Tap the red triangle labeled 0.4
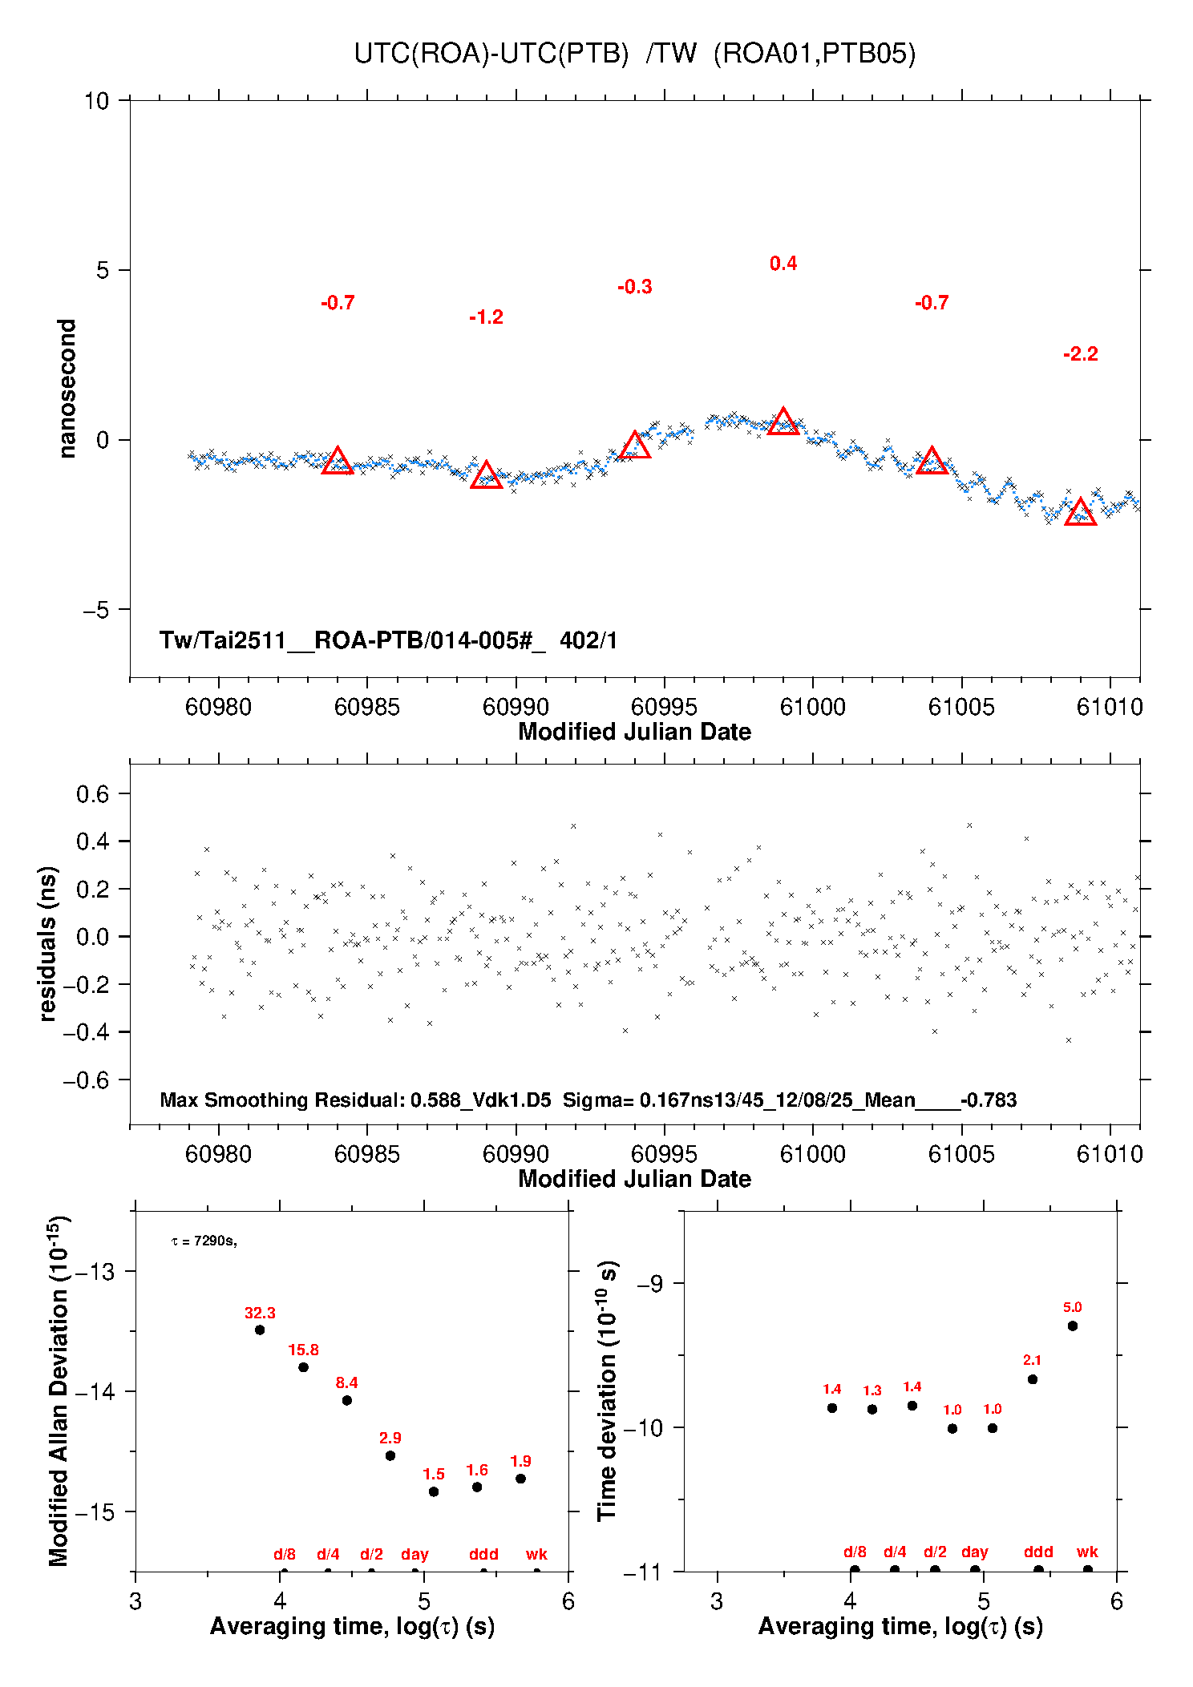click(x=783, y=422)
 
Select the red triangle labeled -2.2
click(x=1080, y=511)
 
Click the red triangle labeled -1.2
click(x=486, y=474)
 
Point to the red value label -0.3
click(x=635, y=287)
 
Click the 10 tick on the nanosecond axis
click(x=96, y=101)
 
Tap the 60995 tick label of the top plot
click(x=664, y=707)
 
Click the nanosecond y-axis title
click(x=67, y=389)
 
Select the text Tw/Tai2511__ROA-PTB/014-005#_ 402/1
click(x=388, y=640)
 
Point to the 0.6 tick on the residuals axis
click(x=92, y=794)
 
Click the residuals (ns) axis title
click(x=48, y=944)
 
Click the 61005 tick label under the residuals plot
click(x=961, y=1154)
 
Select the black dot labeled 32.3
click(x=260, y=1330)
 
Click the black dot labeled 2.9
click(x=390, y=1455)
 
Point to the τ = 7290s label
click(x=204, y=1241)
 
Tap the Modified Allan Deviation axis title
click(x=59, y=1391)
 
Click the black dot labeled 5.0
click(x=1073, y=1326)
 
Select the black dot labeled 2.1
click(x=1033, y=1379)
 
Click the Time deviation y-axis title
click(x=608, y=1391)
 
